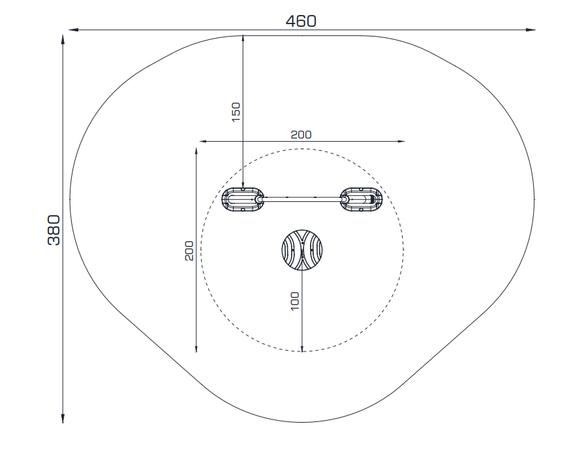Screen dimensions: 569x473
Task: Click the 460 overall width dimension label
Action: click(x=301, y=21)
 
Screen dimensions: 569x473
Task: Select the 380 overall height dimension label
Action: click(x=54, y=230)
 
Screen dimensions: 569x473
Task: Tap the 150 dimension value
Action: click(x=236, y=112)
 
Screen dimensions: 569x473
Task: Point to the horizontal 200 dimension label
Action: click(x=301, y=135)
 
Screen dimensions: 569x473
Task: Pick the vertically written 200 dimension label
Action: click(x=189, y=251)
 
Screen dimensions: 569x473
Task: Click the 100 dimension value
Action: click(x=295, y=301)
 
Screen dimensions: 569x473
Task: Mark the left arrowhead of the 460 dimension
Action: click(x=73, y=30)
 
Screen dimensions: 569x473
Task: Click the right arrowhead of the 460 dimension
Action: click(x=531, y=30)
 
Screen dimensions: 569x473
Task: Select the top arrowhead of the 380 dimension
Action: click(x=63, y=40)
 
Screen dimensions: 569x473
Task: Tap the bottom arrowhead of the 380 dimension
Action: click(x=63, y=419)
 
